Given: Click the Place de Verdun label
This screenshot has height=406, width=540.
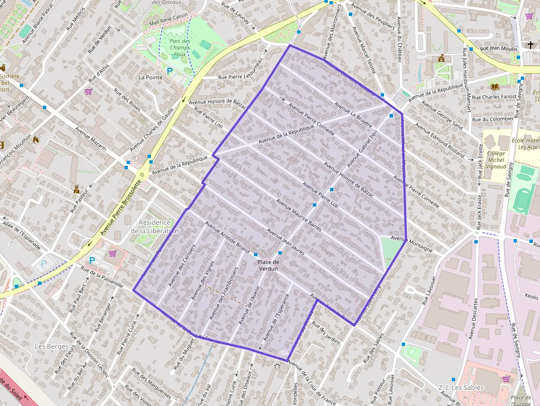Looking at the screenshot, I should point(268,266).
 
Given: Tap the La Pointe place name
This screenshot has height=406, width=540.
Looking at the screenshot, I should point(150,78).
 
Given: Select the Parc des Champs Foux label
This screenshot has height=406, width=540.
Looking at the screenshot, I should point(180,48).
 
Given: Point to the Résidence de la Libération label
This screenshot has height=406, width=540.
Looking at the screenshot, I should point(155,226).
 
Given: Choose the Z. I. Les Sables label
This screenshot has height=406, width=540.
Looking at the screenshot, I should point(461,388).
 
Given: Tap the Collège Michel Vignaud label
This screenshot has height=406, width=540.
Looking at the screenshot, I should point(496,160).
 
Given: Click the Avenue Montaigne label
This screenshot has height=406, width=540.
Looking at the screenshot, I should point(412,243).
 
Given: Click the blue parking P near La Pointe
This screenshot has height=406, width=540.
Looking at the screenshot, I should point(170,71).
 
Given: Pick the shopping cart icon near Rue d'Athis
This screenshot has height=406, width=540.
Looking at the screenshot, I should point(88,91).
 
